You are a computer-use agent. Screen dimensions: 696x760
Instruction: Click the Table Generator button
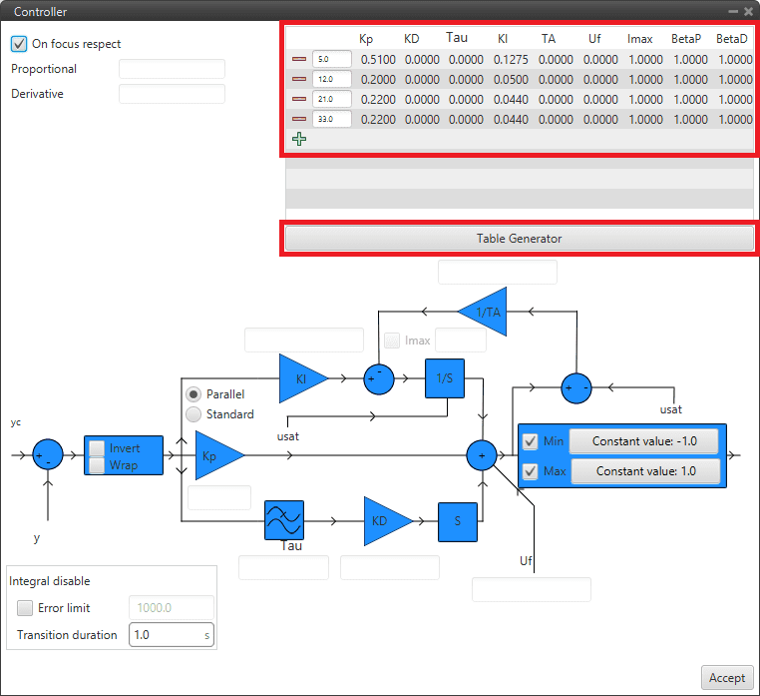click(x=519, y=239)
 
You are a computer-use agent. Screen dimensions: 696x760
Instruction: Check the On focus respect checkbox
click(x=19, y=44)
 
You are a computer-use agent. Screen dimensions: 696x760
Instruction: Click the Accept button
click(x=726, y=677)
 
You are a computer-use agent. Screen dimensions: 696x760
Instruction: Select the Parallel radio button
click(x=194, y=394)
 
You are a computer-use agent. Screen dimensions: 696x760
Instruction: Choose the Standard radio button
click(x=194, y=414)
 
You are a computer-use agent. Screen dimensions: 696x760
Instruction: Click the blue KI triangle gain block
click(x=299, y=378)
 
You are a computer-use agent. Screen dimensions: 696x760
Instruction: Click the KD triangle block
click(x=383, y=520)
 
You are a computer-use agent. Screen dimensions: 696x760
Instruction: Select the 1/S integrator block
click(x=445, y=378)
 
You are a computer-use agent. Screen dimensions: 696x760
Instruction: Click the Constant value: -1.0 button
click(x=643, y=441)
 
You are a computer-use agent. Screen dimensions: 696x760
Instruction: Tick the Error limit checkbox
click(x=25, y=607)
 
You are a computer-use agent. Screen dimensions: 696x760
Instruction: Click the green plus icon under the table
click(x=299, y=140)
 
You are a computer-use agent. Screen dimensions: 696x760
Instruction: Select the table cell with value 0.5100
click(x=378, y=60)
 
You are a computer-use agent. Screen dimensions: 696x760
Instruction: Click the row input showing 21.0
click(x=330, y=99)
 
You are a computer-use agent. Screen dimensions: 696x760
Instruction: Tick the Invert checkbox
click(x=97, y=449)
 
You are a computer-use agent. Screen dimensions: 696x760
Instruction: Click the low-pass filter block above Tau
click(x=283, y=520)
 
